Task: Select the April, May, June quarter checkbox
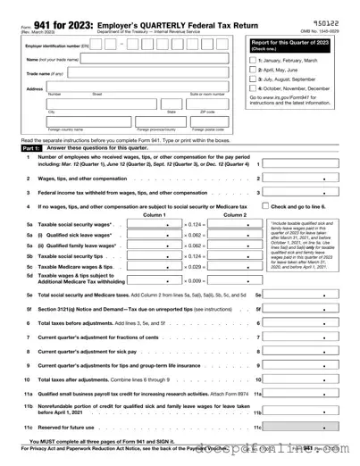click(252, 69)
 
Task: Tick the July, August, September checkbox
click(252, 79)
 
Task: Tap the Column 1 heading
click(154, 215)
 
